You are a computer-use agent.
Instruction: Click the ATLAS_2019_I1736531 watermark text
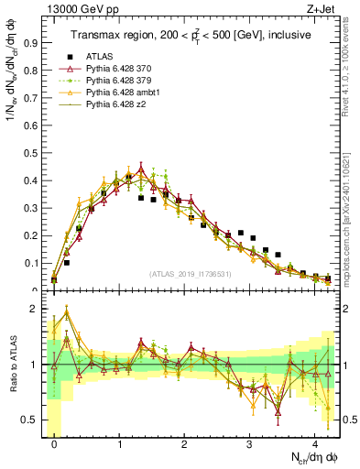pyautogui.click(x=193, y=274)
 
